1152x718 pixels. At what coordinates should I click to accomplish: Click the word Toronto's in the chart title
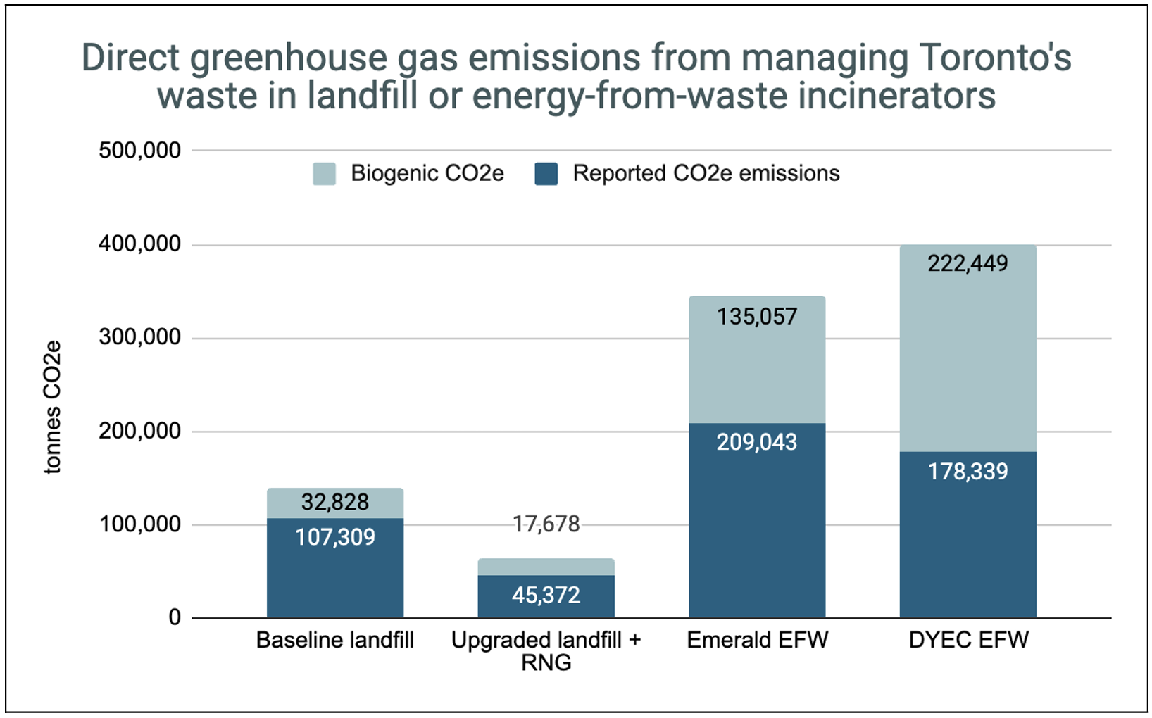click(x=995, y=58)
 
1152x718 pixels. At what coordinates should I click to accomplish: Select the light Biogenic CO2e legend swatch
click(x=324, y=174)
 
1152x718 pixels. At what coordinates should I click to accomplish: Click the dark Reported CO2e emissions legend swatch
click(x=546, y=174)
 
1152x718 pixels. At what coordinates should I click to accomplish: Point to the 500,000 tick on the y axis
click(x=139, y=151)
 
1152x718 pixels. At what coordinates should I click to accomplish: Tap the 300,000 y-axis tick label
click(x=139, y=338)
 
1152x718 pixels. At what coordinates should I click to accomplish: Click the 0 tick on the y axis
click(x=174, y=618)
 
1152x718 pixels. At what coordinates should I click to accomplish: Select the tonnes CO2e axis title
click(x=53, y=408)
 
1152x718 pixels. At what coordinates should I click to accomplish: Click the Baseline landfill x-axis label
click(x=334, y=641)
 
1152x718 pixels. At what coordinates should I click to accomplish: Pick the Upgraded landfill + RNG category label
click(x=546, y=651)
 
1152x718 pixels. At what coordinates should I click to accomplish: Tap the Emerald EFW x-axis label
click(x=757, y=641)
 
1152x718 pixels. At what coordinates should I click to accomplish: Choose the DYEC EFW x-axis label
click(x=968, y=641)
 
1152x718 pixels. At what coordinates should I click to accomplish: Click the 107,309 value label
click(x=335, y=538)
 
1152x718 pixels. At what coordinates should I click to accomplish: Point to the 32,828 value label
click(x=335, y=502)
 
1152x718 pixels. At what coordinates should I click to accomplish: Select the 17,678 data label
click(x=546, y=524)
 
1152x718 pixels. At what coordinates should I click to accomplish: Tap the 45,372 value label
click(x=546, y=596)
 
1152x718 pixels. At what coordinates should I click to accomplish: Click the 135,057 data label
click(x=757, y=317)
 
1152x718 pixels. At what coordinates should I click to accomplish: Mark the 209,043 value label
click(x=757, y=443)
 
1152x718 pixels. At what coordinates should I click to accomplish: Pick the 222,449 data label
click(x=968, y=264)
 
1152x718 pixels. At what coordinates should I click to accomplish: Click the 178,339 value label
click(x=968, y=472)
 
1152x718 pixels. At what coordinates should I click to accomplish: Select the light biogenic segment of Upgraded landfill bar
click(x=546, y=567)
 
